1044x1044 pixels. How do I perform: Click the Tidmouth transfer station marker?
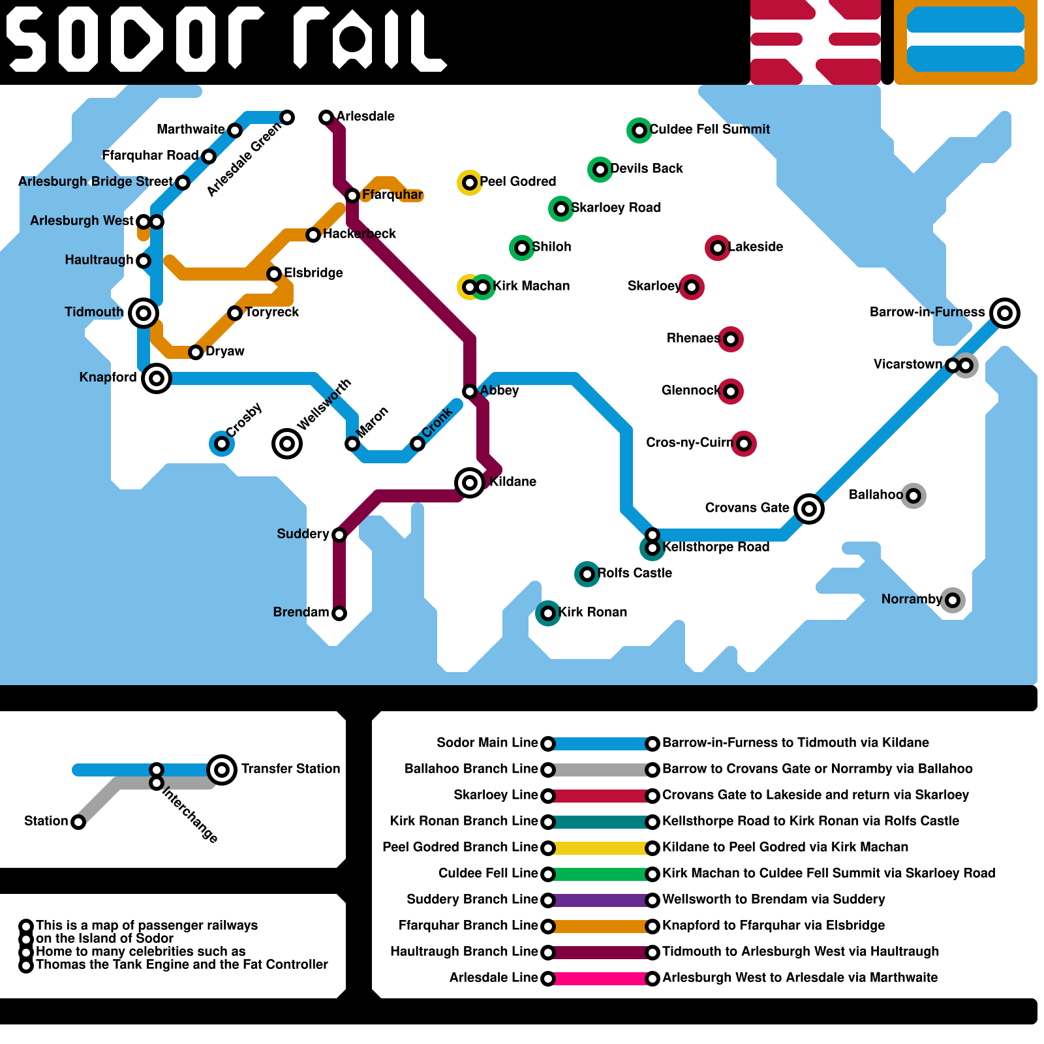coord(144,313)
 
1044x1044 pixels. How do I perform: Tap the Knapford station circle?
coord(157,378)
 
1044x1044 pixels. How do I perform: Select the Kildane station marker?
coord(470,483)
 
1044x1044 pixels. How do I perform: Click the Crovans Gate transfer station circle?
coord(809,509)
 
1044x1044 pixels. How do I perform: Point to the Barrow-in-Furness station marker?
coord(1005,313)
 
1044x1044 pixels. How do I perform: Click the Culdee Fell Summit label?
coord(709,129)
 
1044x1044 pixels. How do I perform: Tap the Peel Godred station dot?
coord(470,183)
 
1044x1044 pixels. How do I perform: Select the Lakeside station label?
coord(756,247)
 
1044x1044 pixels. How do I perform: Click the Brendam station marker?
coord(339,613)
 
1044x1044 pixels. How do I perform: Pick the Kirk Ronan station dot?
coord(548,613)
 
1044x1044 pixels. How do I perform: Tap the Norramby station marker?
coord(953,600)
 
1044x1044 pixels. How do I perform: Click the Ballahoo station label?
coord(876,495)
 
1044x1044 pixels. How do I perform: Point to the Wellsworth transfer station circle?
coord(287,444)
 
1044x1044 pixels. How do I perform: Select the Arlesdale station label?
coord(365,116)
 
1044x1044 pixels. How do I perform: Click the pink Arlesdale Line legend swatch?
coord(600,979)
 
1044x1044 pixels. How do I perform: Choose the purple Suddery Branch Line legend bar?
coord(600,900)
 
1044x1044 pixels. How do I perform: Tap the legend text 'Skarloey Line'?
coord(496,795)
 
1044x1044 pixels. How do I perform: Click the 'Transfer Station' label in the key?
coord(290,769)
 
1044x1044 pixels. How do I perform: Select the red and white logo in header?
coord(816,42)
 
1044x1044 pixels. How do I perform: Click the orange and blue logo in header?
coord(966,42)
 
